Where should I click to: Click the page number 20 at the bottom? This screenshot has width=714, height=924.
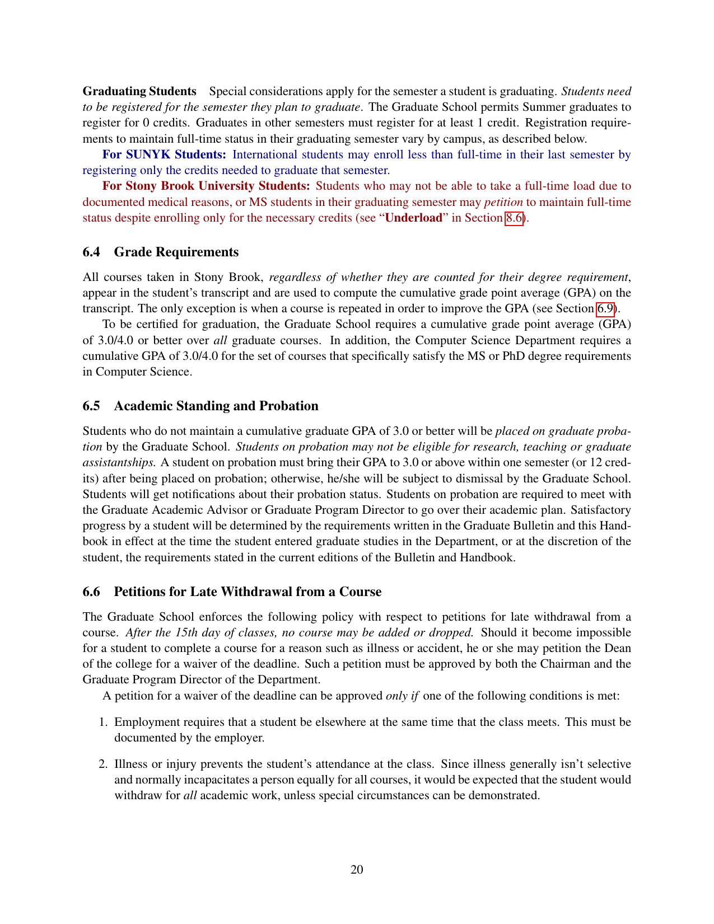click(x=357, y=869)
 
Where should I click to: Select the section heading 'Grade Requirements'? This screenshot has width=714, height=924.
click(x=176, y=252)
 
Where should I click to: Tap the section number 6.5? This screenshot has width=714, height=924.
click(x=91, y=406)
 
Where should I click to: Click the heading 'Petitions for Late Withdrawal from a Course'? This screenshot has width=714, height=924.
click(x=248, y=592)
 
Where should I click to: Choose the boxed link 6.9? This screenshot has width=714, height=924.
click(x=605, y=308)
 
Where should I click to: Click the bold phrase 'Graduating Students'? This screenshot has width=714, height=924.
click(x=139, y=91)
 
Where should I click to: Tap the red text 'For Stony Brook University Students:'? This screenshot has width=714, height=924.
click(x=206, y=186)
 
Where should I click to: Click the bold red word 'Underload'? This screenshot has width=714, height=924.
click(x=414, y=218)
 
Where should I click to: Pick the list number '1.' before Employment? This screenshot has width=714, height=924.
click(x=103, y=722)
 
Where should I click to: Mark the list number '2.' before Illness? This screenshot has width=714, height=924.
click(x=103, y=764)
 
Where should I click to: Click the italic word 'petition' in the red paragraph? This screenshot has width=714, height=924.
click(x=503, y=202)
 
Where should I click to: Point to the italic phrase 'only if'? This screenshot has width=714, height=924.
click(x=402, y=696)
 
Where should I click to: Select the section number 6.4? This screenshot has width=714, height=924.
click(x=91, y=252)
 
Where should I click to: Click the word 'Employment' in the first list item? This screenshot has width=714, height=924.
click(x=146, y=722)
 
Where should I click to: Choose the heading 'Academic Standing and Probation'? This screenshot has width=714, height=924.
click(x=216, y=406)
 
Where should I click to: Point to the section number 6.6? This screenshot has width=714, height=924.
click(x=91, y=592)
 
